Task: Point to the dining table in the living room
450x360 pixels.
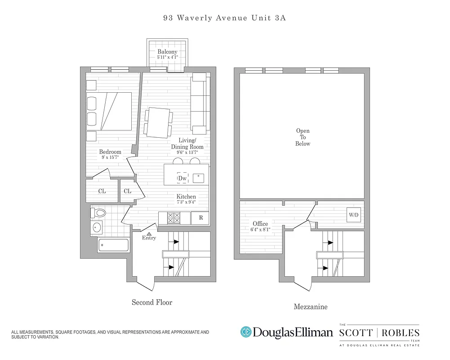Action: (158, 122)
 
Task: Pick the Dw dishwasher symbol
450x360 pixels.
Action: (182, 179)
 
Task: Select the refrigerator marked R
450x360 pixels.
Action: (200, 218)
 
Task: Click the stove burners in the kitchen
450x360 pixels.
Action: (174, 218)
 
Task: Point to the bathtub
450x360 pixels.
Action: (113, 246)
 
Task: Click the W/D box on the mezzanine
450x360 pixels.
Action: (354, 215)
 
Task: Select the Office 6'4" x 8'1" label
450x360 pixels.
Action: (260, 226)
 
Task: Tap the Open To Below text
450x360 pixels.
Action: (303, 137)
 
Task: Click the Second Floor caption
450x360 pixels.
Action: (152, 302)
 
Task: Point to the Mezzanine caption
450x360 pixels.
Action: (310, 307)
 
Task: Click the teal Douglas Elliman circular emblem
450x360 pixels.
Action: (246, 333)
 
